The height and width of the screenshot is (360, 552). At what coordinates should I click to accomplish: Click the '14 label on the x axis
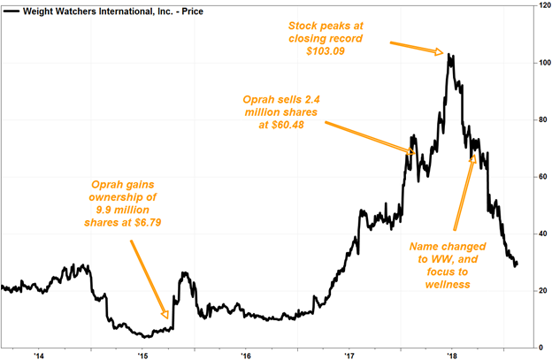click(39, 355)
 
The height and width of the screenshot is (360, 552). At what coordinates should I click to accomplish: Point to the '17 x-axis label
click(350, 355)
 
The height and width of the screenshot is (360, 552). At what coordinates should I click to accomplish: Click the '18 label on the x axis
click(454, 355)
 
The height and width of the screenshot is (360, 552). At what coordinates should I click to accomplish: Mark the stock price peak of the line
click(450, 55)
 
